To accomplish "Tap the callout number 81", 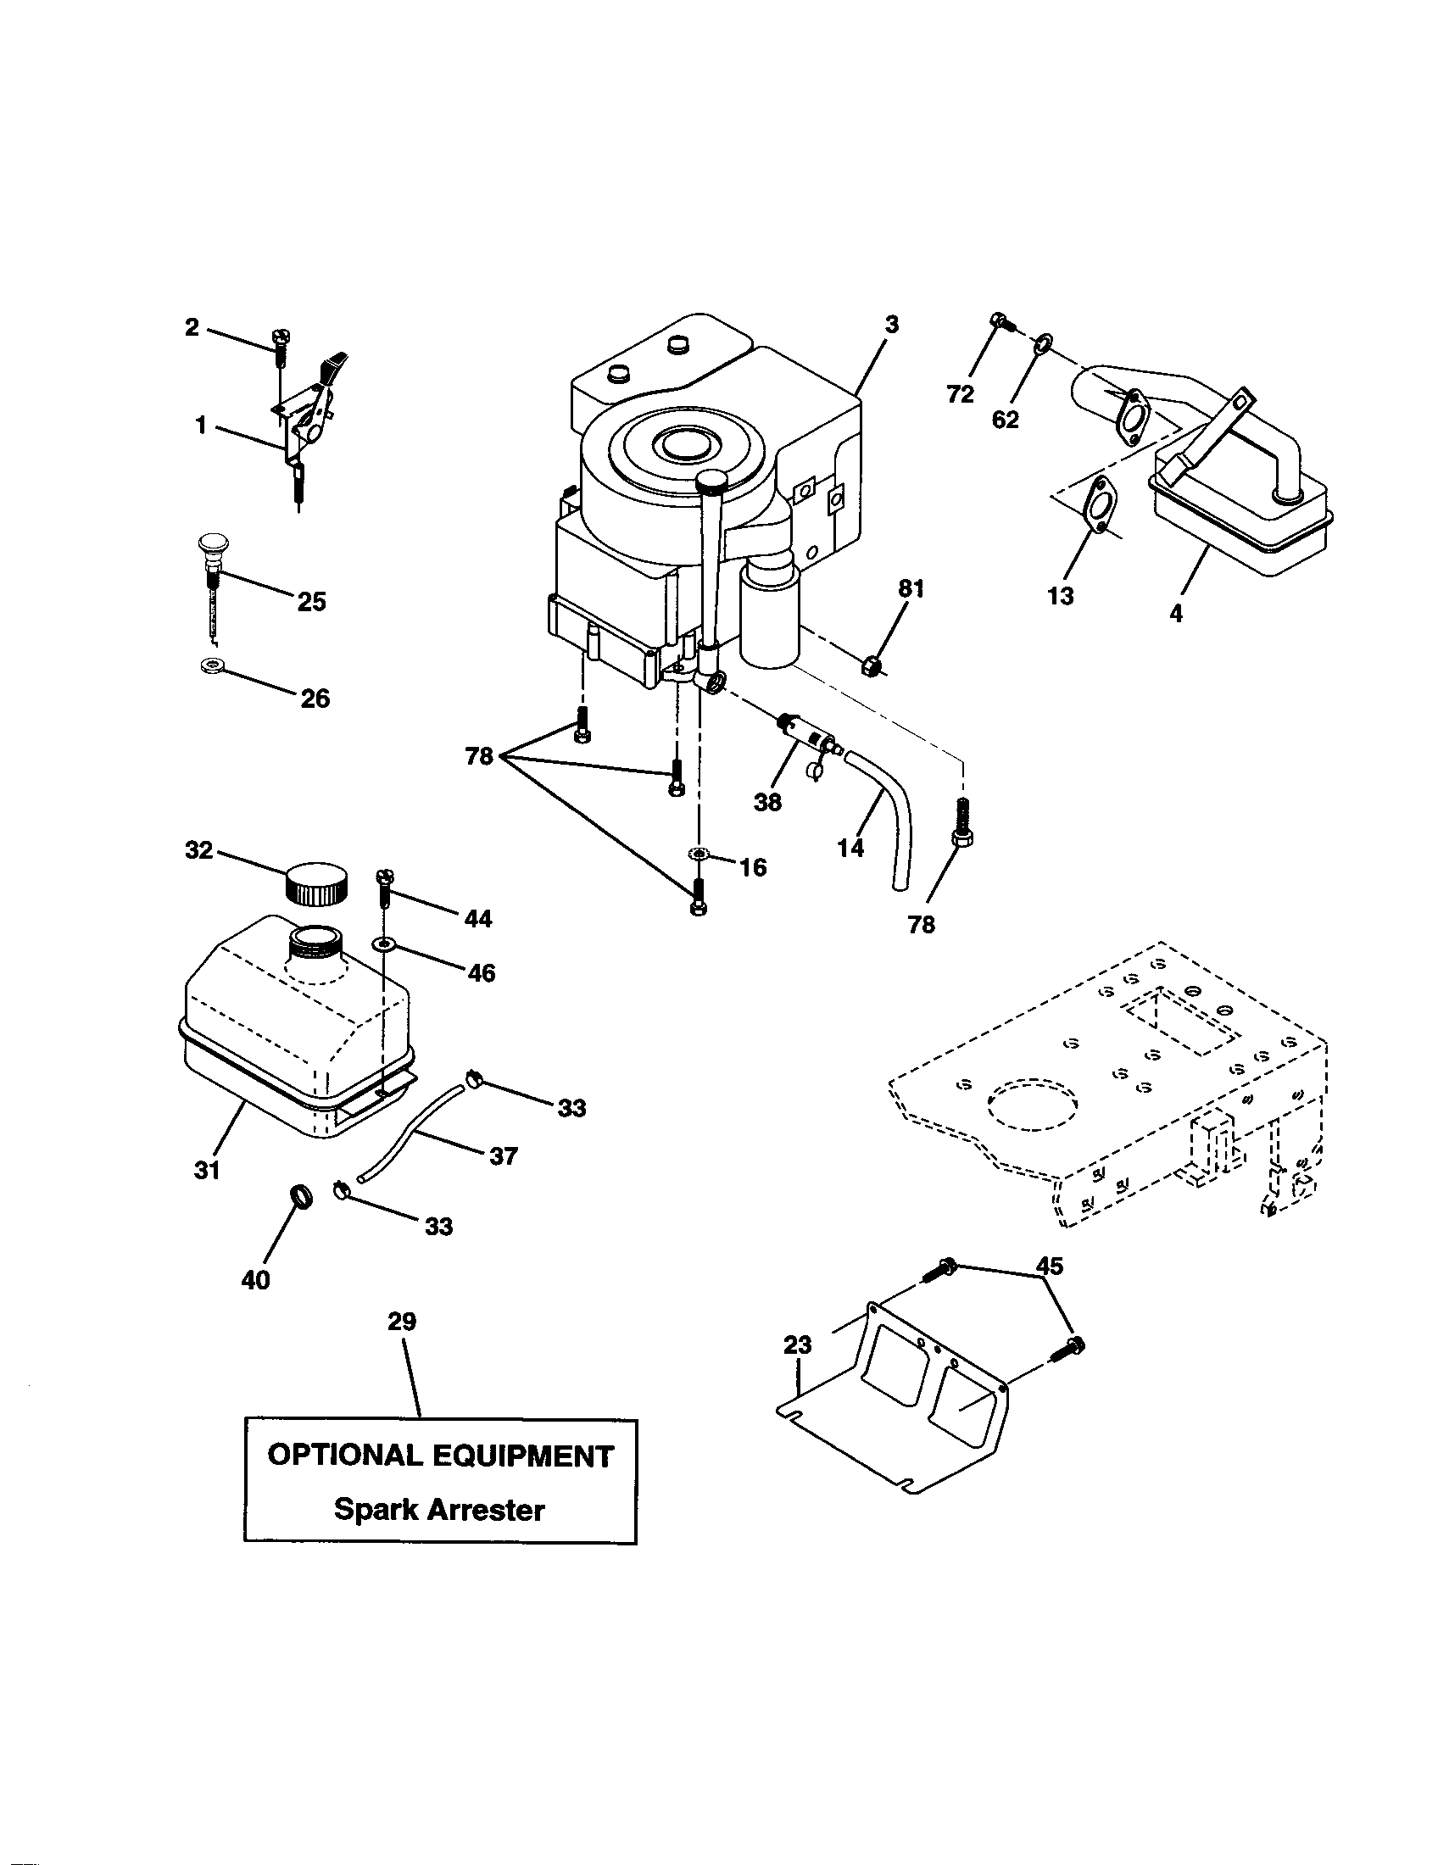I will [911, 588].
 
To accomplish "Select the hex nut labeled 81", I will [872, 664].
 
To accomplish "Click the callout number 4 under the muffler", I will [1176, 613].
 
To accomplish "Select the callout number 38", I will [766, 802].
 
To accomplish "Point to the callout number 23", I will [798, 1345].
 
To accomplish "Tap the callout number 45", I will [1050, 1266].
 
